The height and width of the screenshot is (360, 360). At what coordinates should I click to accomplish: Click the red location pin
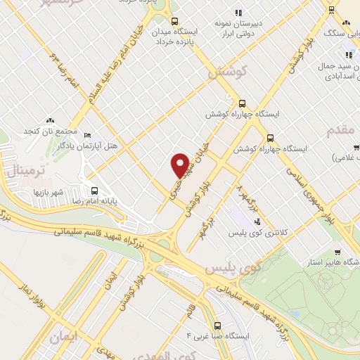[180, 165]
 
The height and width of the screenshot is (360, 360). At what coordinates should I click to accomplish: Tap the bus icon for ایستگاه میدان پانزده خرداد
[174, 20]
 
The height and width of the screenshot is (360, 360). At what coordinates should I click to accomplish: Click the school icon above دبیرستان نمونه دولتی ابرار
[238, 12]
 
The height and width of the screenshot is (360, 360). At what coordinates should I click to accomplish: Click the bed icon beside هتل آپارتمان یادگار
[87, 135]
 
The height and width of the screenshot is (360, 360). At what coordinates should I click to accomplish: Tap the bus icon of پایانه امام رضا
[94, 190]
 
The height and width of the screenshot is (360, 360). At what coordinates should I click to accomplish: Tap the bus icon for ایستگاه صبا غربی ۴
[217, 326]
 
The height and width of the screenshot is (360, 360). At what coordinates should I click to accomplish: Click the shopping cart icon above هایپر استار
[338, 252]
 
